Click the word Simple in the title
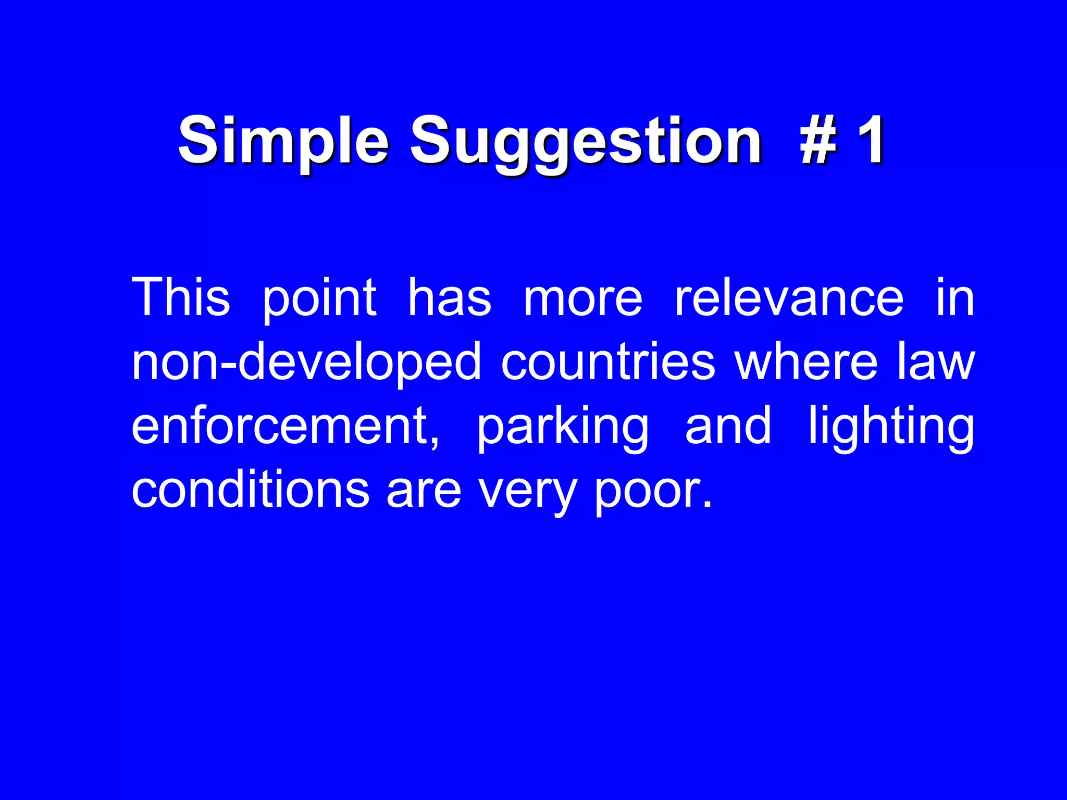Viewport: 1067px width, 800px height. [x=283, y=141]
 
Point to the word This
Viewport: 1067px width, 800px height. [x=180, y=297]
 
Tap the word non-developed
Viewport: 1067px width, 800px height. [x=306, y=363]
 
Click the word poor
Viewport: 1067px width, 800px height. [x=652, y=493]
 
